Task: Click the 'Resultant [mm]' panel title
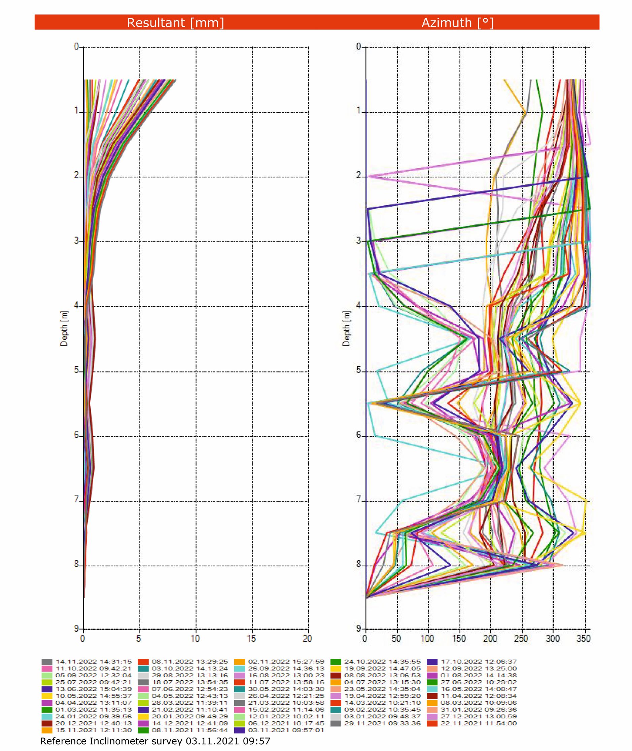tap(175, 23)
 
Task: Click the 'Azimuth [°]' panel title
tap(458, 23)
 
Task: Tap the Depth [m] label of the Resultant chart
tap(64, 328)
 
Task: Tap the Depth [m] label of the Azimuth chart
tap(346, 328)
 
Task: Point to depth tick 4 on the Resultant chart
tap(76, 306)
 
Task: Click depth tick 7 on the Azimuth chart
tap(359, 500)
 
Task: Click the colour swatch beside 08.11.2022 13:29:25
tap(143, 661)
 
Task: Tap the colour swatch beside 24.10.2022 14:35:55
tap(336, 661)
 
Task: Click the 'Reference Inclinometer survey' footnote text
tap(155, 741)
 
